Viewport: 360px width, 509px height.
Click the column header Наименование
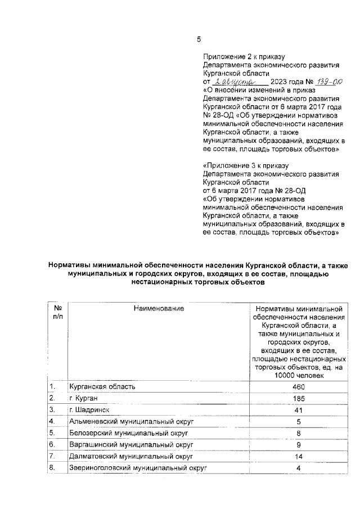click(x=159, y=308)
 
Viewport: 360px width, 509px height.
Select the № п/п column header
click(x=57, y=313)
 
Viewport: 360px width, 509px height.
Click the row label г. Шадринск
click(x=89, y=409)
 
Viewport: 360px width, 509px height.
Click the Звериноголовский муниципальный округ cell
click(x=138, y=467)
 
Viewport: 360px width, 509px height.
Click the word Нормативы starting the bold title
click(x=70, y=265)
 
